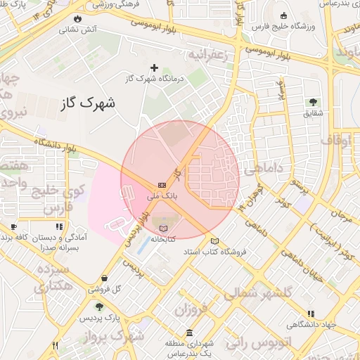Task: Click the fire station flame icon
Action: pyautogui.click(x=77, y=19)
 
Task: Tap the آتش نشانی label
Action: pyautogui.click(x=77, y=30)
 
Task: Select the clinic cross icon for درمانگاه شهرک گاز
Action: pyautogui.click(x=155, y=67)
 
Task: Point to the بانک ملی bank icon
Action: pyautogui.click(x=162, y=185)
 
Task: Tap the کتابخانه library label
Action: pyautogui.click(x=162, y=239)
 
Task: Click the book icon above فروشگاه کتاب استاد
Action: pyautogui.click(x=214, y=241)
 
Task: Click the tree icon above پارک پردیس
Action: pyautogui.click(x=98, y=307)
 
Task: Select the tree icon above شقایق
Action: pyautogui.click(x=314, y=102)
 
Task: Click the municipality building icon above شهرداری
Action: pyautogui.click(x=188, y=333)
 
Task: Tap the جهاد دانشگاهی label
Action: pyautogui.click(x=310, y=325)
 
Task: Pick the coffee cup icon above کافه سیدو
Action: pyautogui.click(x=13, y=227)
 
